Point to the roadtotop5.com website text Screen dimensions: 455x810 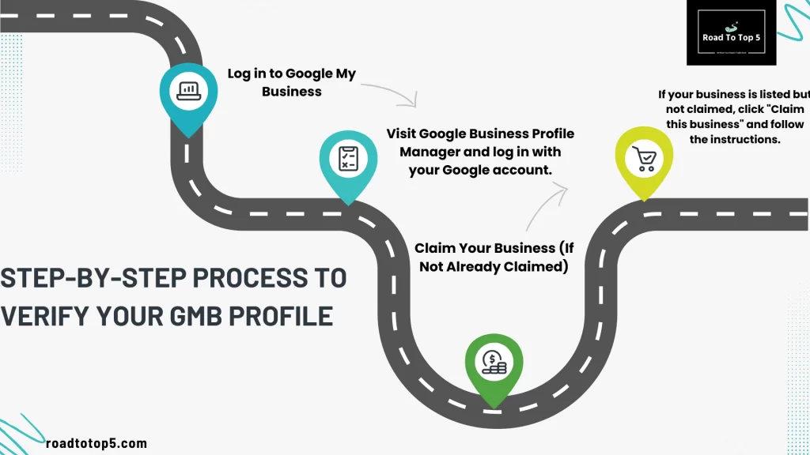click(x=97, y=444)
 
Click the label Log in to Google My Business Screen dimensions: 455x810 click(x=292, y=82)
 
